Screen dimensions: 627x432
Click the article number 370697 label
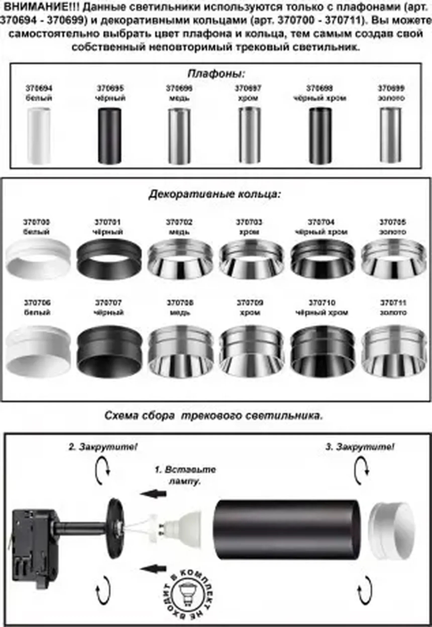pos(248,88)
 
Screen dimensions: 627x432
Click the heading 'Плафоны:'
pos(216,73)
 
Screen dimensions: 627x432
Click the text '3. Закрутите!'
pos(359,447)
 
